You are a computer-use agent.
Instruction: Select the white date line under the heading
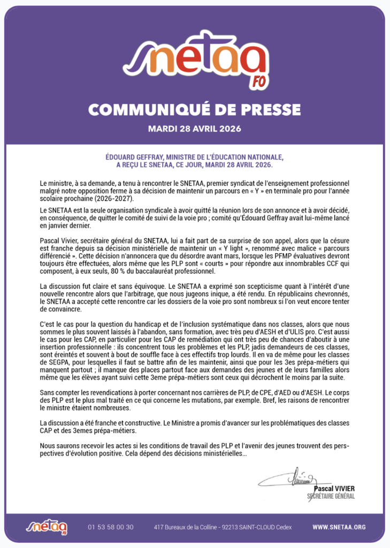tap(195, 129)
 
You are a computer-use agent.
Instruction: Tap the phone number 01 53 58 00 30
tap(111, 527)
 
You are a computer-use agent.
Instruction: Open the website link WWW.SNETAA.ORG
tap(339, 527)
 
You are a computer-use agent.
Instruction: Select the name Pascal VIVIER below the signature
tap(334, 489)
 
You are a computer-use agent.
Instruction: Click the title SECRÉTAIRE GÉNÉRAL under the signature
tap(331, 496)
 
